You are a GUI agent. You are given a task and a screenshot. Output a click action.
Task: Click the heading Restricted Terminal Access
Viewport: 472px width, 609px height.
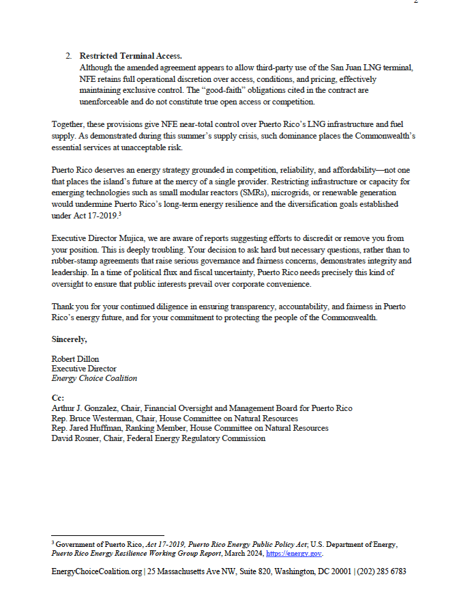130,55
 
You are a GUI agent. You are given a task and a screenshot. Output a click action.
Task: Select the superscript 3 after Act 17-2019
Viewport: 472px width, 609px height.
120,214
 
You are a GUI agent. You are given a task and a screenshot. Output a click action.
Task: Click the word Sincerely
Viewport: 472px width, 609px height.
70,339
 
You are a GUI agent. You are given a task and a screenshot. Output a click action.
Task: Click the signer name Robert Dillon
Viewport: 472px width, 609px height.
74,359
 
